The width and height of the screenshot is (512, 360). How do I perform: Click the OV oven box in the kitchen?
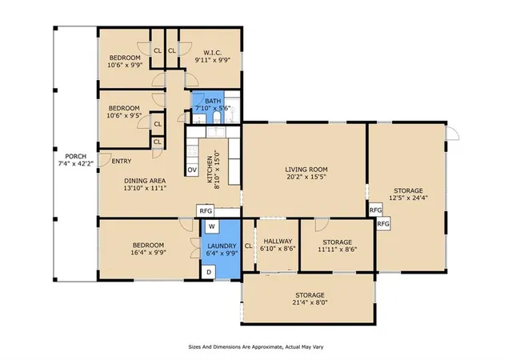click(x=192, y=170)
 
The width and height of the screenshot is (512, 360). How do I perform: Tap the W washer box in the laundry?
click(x=212, y=226)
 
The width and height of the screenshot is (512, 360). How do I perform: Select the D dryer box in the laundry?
click(x=209, y=272)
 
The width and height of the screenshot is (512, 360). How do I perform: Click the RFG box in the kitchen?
click(x=206, y=211)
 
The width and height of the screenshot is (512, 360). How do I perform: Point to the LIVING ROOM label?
click(x=306, y=170)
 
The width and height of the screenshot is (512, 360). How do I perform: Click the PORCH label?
click(x=76, y=157)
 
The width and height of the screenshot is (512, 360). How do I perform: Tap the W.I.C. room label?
click(x=213, y=53)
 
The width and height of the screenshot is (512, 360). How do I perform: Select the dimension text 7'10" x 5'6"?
click(x=213, y=108)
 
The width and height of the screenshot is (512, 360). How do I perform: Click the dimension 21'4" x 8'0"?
click(x=310, y=302)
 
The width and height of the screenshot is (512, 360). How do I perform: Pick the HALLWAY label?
click(x=278, y=241)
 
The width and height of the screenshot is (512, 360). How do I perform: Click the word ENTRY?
click(x=122, y=161)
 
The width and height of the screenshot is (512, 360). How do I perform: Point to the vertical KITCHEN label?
click(x=210, y=170)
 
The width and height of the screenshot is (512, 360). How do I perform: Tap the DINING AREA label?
click(x=145, y=181)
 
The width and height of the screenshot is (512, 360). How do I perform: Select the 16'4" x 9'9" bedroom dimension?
click(x=148, y=253)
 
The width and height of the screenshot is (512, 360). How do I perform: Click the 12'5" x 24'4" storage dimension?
click(x=408, y=198)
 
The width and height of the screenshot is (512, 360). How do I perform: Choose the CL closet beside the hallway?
click(x=249, y=246)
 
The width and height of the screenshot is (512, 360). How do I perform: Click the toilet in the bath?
click(x=217, y=118)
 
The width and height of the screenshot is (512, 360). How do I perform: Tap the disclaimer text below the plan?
click(x=256, y=347)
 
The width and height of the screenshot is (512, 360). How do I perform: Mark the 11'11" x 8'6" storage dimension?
click(x=338, y=250)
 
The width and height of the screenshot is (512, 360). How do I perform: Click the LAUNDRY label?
click(x=222, y=246)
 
